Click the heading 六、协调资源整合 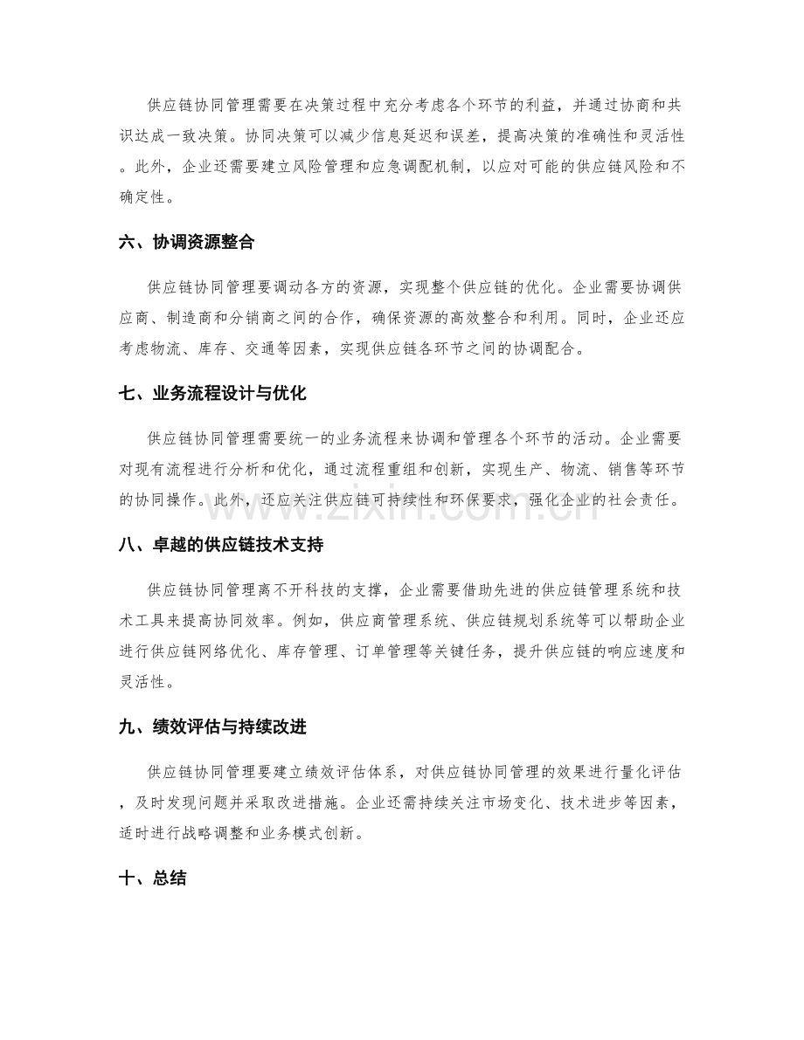[x=186, y=244]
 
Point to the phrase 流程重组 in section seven [x=407, y=472]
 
